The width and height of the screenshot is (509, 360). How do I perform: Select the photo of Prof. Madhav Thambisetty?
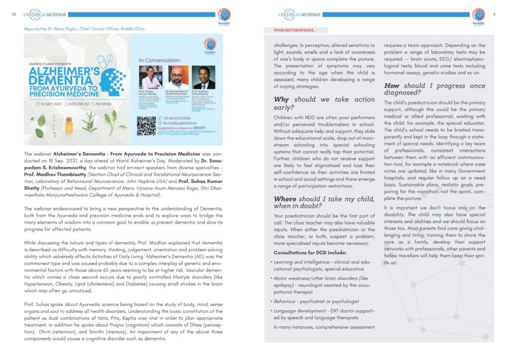tap(203, 78)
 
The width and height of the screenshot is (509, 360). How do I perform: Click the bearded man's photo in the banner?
tap(177, 78)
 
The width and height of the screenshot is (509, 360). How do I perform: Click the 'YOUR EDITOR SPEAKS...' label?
tap(294, 30)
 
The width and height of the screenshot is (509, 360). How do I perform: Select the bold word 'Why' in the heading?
tap(281, 99)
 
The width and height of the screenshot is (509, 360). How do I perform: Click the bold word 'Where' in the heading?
tap(285, 199)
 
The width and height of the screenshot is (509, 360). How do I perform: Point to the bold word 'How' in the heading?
tap(392, 86)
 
